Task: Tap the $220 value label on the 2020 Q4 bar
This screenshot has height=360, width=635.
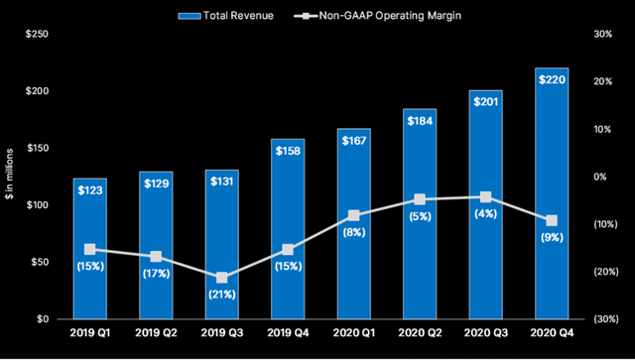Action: (552, 77)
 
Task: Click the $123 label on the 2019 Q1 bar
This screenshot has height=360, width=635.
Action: (90, 188)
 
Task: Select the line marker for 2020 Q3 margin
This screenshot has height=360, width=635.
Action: (485, 197)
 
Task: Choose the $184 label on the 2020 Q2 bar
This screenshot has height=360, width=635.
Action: (420, 119)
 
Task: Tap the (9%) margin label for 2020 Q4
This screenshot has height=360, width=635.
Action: (552, 239)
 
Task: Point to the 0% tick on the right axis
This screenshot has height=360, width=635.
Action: (601, 177)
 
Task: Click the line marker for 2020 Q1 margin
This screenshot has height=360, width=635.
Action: (354, 215)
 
